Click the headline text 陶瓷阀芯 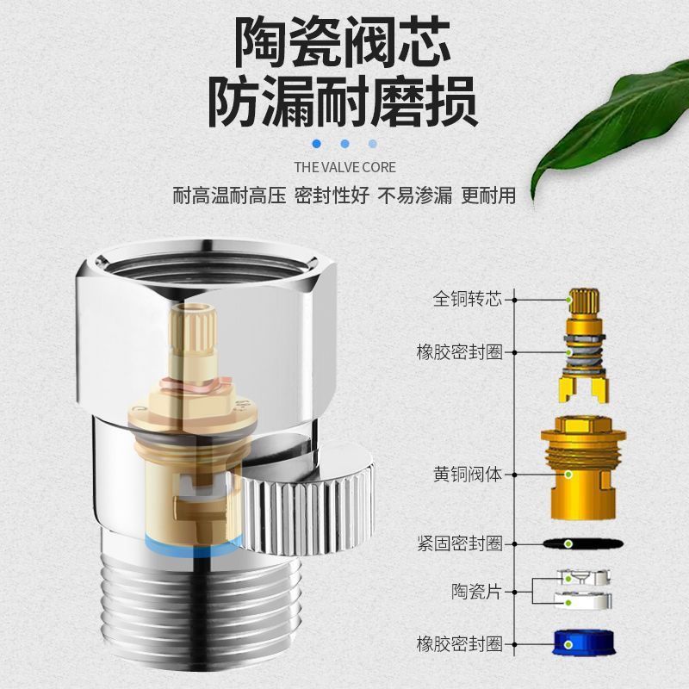pyautogui.click(x=344, y=43)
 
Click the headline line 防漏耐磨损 pyautogui.click(x=344, y=102)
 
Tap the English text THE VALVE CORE pyautogui.click(x=344, y=167)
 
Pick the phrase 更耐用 pyautogui.click(x=488, y=196)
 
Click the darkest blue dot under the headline pyautogui.click(x=317, y=144)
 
